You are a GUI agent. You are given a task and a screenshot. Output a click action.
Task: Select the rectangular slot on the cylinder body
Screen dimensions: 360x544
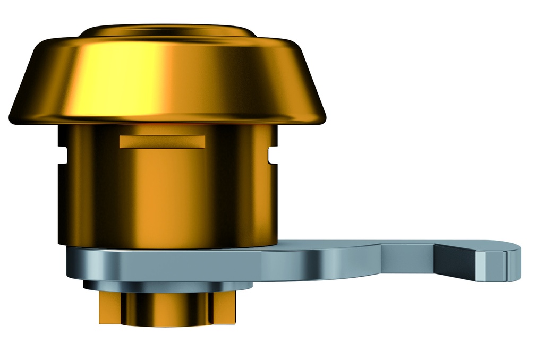pos(162,141)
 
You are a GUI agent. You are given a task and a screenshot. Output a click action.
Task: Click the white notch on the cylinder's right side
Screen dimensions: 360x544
pos(271,155)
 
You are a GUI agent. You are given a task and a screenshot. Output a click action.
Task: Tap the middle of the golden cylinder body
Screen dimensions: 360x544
pos(167,196)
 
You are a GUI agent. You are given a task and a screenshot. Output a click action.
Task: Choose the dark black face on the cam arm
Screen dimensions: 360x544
pos(455,263)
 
